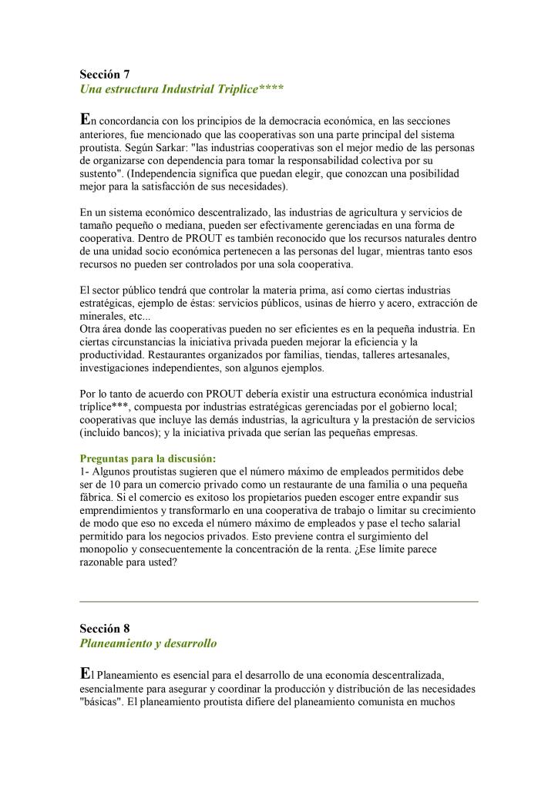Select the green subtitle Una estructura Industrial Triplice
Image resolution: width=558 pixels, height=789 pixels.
[181, 89]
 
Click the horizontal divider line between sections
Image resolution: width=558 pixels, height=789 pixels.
[279, 601]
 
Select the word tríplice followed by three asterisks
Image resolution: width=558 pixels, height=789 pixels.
[106, 407]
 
